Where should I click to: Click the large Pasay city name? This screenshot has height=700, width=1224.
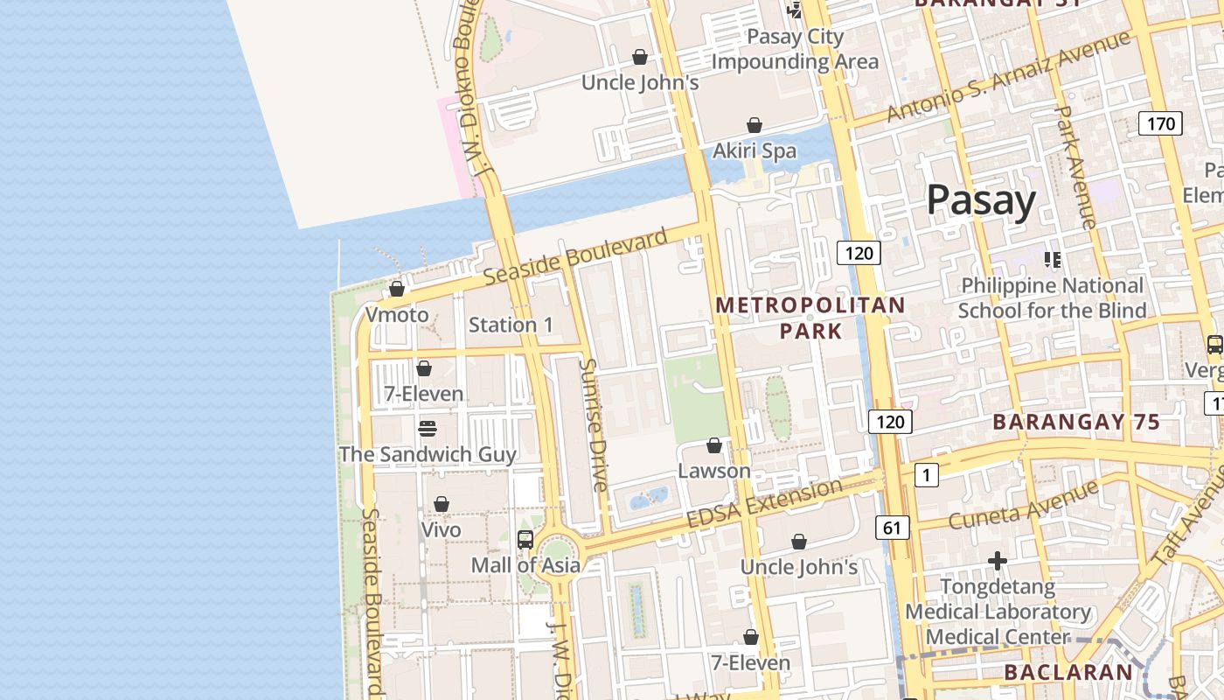coord(981,200)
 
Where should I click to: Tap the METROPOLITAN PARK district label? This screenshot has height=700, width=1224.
coord(810,318)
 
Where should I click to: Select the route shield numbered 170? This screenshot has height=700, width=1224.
coord(1160,123)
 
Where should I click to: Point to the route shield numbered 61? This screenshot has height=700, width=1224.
coord(892,527)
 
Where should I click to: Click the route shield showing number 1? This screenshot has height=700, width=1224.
coord(926,475)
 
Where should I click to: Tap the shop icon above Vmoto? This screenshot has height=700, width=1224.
coord(397,289)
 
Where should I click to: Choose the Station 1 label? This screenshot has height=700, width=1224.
coord(511,325)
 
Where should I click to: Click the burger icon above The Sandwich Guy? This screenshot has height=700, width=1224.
coord(427,429)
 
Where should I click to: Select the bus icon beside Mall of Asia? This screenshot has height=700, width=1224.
coord(525,540)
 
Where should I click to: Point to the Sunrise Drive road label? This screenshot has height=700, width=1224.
coord(594,424)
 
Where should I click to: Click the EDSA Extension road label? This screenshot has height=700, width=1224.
coord(764,503)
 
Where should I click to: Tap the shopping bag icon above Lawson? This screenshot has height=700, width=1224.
coord(714,445)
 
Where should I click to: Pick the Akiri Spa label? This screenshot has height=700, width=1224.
coord(755,150)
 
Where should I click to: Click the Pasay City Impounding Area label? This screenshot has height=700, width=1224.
coord(794,49)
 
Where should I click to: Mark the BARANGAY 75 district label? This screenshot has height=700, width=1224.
coord(1076,422)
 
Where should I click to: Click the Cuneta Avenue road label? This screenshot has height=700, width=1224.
coord(1023,504)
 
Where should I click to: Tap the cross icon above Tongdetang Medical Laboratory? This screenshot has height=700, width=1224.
coord(998,560)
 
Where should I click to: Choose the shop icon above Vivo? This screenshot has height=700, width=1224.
coord(442,505)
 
